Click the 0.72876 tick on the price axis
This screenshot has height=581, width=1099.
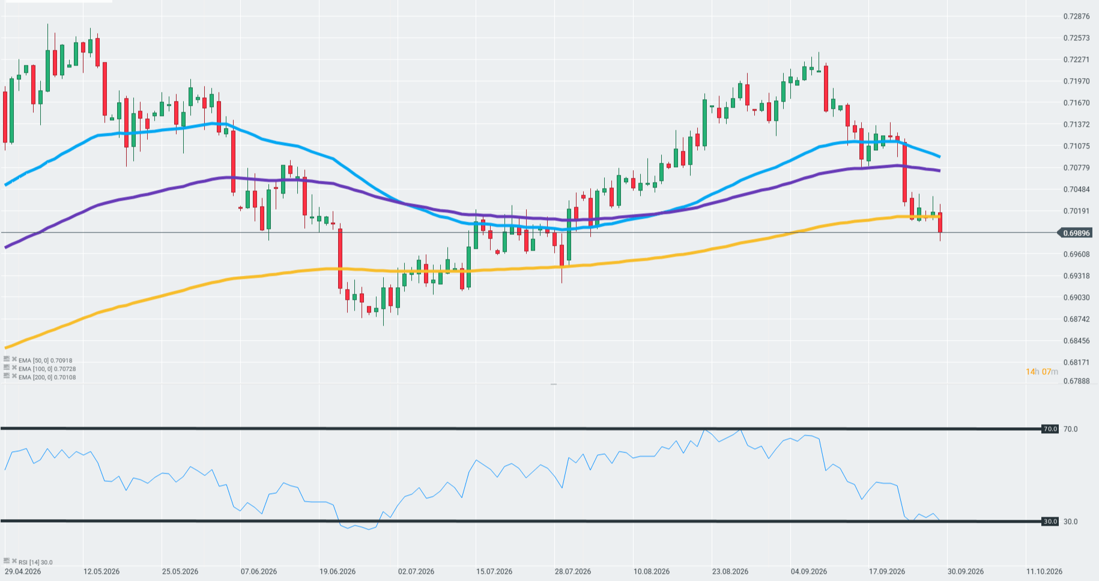point(1076,16)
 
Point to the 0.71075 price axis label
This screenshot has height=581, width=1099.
point(1076,146)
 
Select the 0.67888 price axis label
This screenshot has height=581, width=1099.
point(1076,381)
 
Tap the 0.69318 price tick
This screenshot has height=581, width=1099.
point(1076,276)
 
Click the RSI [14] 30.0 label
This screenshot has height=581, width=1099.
point(35,562)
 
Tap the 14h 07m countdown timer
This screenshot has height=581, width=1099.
point(1042,372)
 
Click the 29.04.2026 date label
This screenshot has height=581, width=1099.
point(23,571)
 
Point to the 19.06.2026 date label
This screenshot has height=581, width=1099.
point(338,571)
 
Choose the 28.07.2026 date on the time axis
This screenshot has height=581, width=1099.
point(573,571)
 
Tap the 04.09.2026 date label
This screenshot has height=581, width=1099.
point(809,571)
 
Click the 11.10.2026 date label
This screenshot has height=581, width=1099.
point(1044,571)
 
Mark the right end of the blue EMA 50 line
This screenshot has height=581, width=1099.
point(939,157)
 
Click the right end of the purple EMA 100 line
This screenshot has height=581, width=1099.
point(939,171)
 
